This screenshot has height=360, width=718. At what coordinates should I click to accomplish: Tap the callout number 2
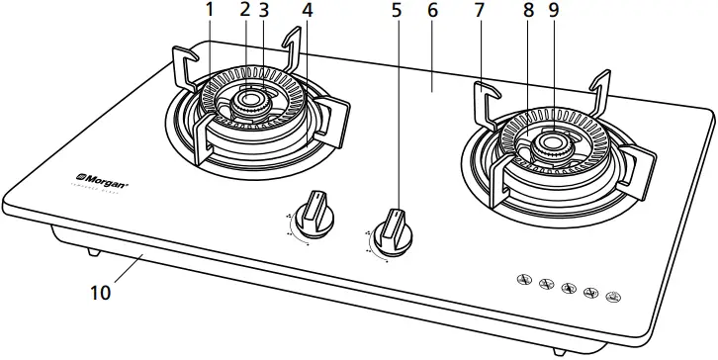244,11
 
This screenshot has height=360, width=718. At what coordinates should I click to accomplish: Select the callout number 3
263,11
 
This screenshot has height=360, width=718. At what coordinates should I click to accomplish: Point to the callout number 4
307,11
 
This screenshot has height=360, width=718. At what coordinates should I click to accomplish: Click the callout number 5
399,11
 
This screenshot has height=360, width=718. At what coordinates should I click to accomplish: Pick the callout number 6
432,11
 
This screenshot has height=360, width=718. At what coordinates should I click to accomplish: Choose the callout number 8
530,11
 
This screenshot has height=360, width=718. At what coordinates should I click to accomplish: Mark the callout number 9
552,11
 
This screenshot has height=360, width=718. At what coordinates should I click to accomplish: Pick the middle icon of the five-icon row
568,288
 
